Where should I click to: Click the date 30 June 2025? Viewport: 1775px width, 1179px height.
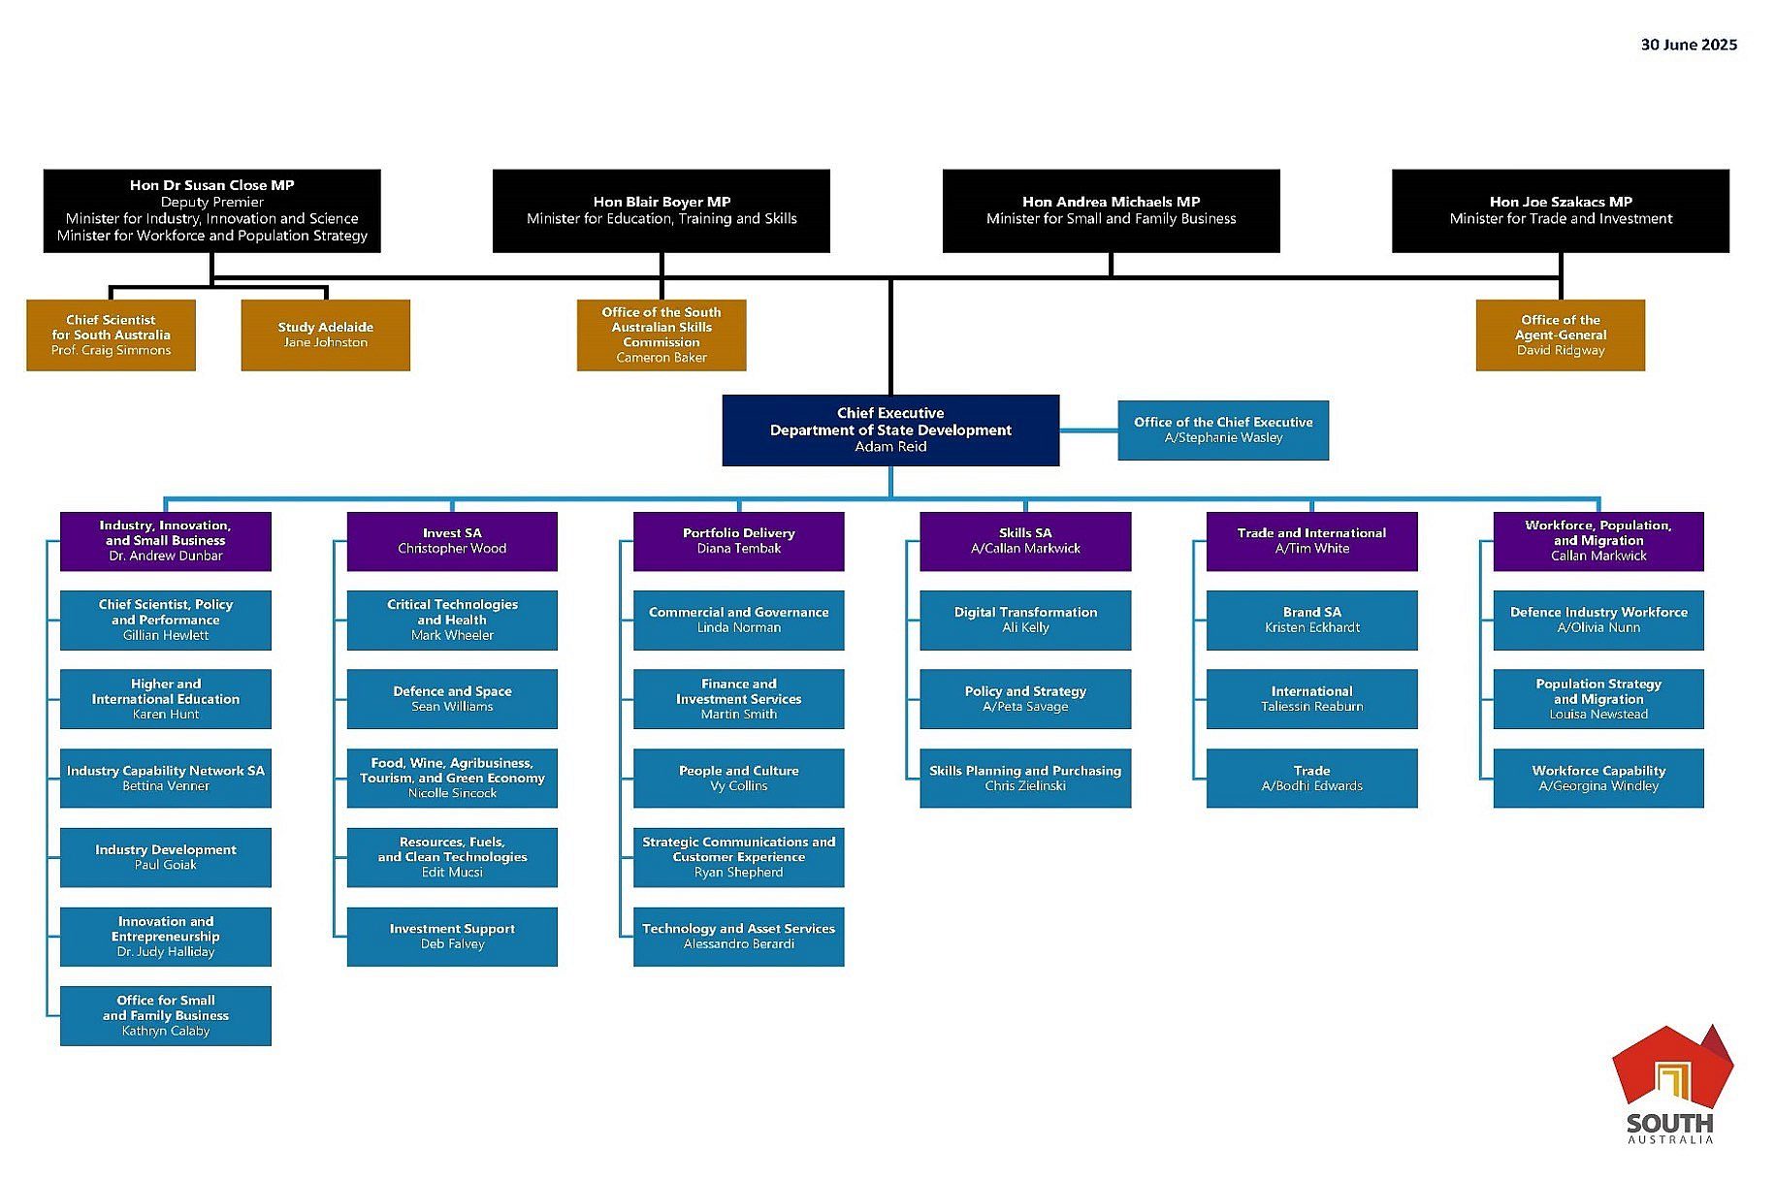pos(1688,45)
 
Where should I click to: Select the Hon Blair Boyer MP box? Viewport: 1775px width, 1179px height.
pos(661,210)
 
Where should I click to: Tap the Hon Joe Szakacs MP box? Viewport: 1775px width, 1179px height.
pos(1560,210)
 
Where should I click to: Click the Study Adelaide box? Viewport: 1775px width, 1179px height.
pos(325,335)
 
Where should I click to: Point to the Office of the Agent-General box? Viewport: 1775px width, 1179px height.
pos(1560,335)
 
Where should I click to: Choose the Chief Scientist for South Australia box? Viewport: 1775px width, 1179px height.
pos(111,335)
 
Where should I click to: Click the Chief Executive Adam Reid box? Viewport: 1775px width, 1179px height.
pos(890,430)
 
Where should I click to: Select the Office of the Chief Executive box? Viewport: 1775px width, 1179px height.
pos(1222,430)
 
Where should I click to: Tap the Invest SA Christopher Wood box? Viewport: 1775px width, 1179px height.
pos(452,541)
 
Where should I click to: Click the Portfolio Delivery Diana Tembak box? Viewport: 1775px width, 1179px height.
pos(738,541)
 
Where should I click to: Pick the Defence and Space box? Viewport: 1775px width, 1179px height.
pos(452,699)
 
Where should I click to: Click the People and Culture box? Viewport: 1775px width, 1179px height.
pos(738,778)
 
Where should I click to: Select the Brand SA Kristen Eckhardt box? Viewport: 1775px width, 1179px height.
pos(1311,620)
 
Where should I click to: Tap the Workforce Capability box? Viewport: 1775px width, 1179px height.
pos(1597,778)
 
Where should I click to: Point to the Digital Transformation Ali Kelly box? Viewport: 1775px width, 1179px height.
pos(1025,620)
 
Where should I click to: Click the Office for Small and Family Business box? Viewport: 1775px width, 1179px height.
pos(166,1015)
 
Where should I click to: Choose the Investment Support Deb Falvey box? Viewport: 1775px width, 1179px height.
pos(452,936)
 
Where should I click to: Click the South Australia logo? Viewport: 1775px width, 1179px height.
pos(1670,1084)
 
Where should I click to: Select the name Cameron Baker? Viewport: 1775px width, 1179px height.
pos(661,358)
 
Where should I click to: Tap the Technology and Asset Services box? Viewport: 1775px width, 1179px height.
pos(738,936)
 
